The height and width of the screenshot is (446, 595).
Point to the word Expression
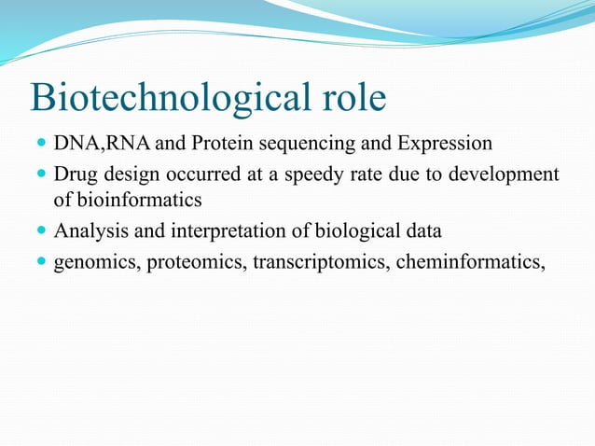[445, 146]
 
